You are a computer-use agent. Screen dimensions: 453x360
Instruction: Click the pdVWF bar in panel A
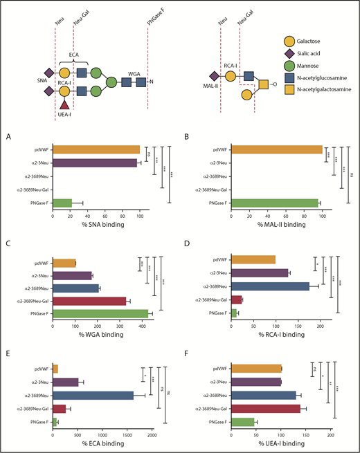point(96,149)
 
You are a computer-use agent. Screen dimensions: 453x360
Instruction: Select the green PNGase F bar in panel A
point(62,202)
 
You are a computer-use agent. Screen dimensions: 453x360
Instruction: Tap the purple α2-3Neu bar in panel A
point(94,163)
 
